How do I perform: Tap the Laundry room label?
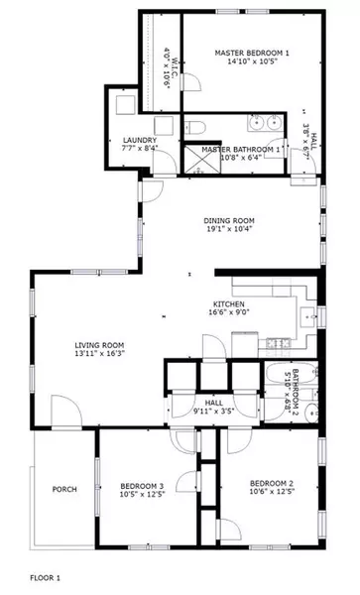139,141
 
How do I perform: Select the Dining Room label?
230,220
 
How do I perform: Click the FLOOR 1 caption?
46,576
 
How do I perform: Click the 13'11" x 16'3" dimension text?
99,355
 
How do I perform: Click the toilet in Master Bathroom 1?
195,127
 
